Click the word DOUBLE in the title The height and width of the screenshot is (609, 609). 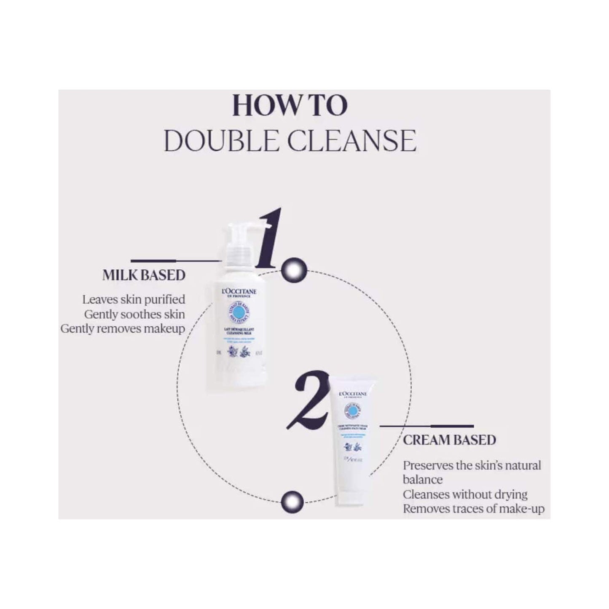tap(221, 141)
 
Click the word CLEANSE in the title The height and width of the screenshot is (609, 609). tap(352, 141)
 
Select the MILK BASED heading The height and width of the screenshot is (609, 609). tap(144, 275)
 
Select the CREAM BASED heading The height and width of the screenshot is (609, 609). tap(449, 440)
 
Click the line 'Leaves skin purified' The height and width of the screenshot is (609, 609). tap(134, 300)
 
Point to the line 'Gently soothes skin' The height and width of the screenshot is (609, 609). tap(134, 314)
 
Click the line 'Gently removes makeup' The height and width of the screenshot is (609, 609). tap(123, 329)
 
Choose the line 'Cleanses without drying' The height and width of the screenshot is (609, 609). tap(465, 494)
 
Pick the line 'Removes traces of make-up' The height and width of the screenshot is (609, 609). tap(473, 509)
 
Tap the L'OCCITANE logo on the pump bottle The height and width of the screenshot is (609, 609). tap(238, 292)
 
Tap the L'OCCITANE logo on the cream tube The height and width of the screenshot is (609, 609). tap(353, 394)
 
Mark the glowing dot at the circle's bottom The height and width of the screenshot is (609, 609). tap(292, 500)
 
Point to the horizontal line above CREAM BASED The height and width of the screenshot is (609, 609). tap(427, 426)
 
